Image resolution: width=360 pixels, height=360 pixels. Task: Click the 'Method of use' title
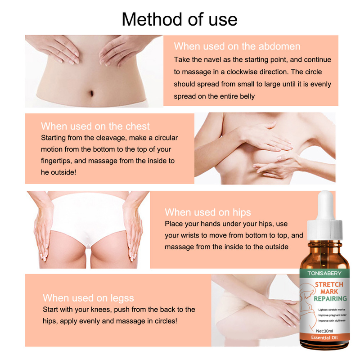pyautogui.click(x=179, y=19)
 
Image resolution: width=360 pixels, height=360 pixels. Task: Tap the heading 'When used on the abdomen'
pyautogui.click(x=237, y=46)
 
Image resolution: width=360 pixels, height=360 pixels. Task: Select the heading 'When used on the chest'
pyautogui.click(x=95, y=126)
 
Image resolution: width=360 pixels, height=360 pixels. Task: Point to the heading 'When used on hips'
pyautogui.click(x=208, y=212)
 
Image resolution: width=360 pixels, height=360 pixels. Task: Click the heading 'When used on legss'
pyautogui.click(x=88, y=298)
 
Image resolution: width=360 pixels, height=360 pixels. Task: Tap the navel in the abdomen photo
pyautogui.click(x=91, y=93)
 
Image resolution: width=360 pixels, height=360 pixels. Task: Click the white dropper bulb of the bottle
pyautogui.click(x=325, y=205)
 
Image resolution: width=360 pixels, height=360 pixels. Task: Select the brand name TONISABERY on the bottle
pyautogui.click(x=324, y=273)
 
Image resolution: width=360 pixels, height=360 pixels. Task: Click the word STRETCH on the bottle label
pyautogui.click(x=329, y=285)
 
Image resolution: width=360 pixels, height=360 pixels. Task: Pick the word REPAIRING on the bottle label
pyautogui.click(x=330, y=299)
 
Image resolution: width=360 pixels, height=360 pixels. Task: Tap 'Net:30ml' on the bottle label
pyautogui.click(x=324, y=331)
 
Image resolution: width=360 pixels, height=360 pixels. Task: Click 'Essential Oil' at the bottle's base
pyautogui.click(x=324, y=337)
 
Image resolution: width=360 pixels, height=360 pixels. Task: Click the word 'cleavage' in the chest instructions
pyautogui.click(x=111, y=138)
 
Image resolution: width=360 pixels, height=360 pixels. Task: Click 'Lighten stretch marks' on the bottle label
pyautogui.click(x=332, y=310)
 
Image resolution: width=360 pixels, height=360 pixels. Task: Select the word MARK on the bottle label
pyautogui.click(x=329, y=292)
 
